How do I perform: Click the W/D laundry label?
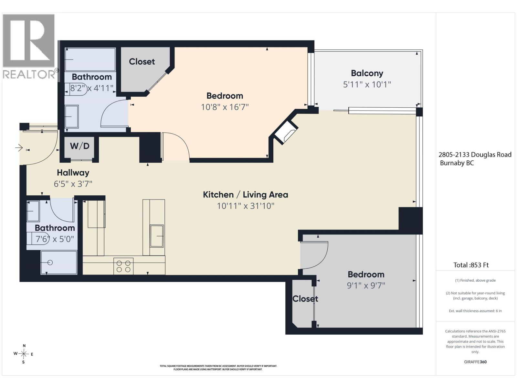click(x=79, y=146)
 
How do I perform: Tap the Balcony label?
click(x=367, y=73)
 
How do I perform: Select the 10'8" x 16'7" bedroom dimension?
click(x=225, y=107)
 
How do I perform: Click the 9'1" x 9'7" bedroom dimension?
click(x=366, y=286)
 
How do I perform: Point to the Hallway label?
click(x=73, y=173)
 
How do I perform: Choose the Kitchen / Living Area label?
click(x=246, y=195)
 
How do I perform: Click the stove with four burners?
click(x=123, y=266)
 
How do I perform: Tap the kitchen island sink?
click(x=157, y=236)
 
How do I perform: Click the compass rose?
click(x=24, y=354)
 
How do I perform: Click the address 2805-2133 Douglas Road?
click(x=475, y=155)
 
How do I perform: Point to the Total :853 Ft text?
click(x=471, y=265)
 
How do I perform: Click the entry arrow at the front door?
click(x=19, y=148)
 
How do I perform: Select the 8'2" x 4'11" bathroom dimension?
click(x=92, y=88)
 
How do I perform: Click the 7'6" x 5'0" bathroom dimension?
click(x=55, y=239)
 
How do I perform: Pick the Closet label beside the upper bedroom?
click(x=142, y=62)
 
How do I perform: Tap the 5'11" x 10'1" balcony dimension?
click(x=367, y=85)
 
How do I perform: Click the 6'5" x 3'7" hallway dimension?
click(x=73, y=184)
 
